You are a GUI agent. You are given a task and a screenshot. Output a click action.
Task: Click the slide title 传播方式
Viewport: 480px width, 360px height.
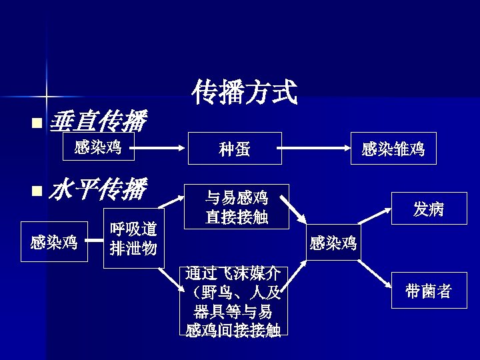click(244, 92)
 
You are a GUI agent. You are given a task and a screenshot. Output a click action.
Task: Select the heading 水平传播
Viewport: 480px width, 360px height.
click(97, 190)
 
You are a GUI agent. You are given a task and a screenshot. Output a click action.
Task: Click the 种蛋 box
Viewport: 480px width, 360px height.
click(235, 149)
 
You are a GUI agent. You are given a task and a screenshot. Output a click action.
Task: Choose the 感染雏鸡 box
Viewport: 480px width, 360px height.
click(393, 149)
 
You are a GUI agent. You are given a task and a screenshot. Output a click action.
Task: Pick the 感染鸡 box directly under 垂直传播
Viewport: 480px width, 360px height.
click(98, 147)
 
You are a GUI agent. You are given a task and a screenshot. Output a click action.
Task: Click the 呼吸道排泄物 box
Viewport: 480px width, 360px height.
click(133, 239)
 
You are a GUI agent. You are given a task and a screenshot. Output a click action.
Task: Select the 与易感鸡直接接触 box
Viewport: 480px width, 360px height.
click(237, 207)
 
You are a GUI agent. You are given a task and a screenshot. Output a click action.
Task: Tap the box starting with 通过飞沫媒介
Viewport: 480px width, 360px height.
click(233, 301)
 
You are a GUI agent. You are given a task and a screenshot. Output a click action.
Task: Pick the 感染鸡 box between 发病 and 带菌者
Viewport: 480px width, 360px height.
click(333, 243)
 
